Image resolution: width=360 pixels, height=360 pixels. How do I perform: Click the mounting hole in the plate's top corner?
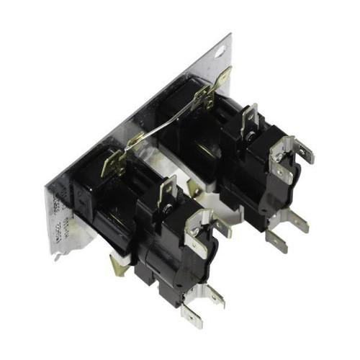click(220, 51)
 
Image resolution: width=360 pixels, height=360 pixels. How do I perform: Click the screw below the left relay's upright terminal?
click(167, 210)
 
